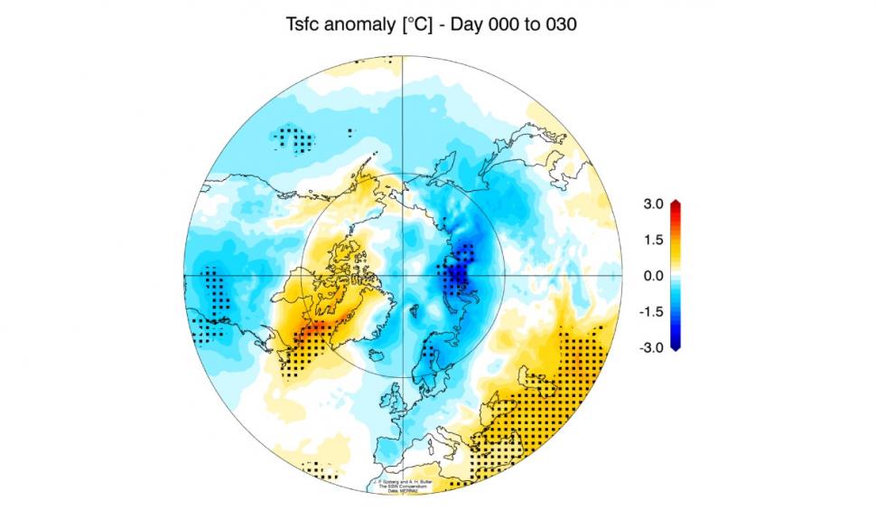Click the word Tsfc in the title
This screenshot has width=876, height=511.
click(x=305, y=25)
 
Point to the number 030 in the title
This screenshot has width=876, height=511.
click(x=560, y=25)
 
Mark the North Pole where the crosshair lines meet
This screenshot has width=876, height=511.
click(x=402, y=274)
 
